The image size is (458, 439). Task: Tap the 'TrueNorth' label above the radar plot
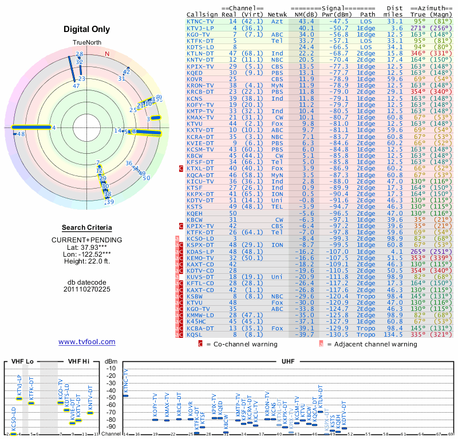86,43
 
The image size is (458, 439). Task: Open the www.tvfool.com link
86,342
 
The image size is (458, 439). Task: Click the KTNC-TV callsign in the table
200,21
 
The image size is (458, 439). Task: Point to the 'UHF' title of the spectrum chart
287,361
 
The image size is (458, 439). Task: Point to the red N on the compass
106,54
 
